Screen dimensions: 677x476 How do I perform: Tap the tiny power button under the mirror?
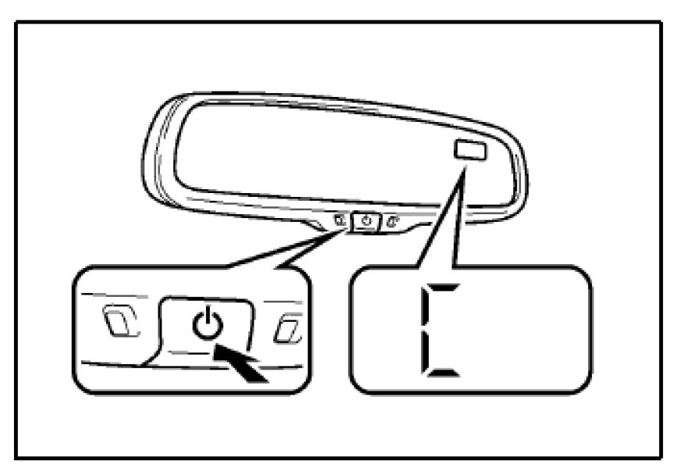(x=366, y=221)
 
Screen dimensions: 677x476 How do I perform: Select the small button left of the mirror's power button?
(x=341, y=220)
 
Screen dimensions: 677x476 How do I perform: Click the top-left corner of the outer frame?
(x=17, y=21)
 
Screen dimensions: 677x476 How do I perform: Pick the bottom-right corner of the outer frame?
(x=661, y=456)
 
